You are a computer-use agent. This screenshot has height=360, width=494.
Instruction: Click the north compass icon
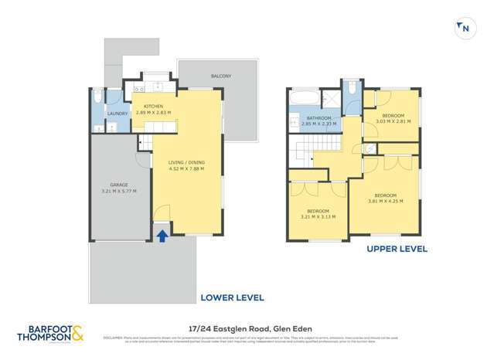464,29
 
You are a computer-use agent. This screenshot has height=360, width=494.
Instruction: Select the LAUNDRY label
117,114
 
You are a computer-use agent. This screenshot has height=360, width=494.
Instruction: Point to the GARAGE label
118,185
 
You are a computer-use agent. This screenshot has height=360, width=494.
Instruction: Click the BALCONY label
221,76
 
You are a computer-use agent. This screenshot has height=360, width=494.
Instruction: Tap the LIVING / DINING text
186,162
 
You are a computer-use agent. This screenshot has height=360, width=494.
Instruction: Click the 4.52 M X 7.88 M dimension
186,168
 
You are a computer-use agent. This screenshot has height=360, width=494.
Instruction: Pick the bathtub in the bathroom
304,97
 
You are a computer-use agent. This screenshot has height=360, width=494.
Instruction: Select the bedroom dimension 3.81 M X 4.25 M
386,201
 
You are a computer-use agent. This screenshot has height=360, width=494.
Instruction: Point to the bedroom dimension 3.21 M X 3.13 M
319,216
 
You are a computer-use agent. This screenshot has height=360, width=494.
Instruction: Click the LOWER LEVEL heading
232,297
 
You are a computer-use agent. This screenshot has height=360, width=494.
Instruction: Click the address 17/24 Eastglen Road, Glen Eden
247,327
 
